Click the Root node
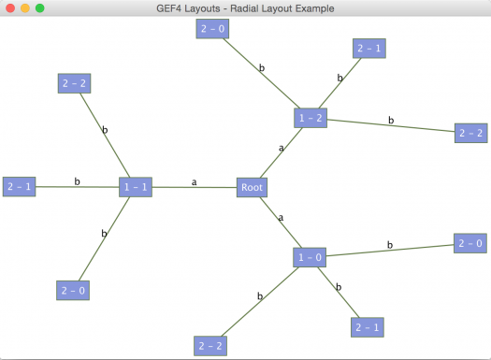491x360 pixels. pos(252,188)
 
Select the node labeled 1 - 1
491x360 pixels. pos(135,188)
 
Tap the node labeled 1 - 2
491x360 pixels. pos(310,118)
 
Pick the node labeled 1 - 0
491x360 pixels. pos(309,257)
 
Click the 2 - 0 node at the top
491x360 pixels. pos(211,29)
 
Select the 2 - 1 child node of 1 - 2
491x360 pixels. pos(368,49)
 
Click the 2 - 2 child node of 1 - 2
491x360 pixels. pos(470,133)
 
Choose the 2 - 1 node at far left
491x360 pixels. pos(20,187)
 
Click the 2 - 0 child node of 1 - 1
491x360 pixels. pos(72,291)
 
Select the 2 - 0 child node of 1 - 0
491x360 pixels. pos(469,243)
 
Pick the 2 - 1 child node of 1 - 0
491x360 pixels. pos(367,326)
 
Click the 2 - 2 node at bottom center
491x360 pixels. pos(210,346)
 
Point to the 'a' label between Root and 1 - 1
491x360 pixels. pos(195,182)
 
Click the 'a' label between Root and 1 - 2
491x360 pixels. pos(281,148)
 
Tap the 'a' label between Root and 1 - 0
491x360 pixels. pos(280,218)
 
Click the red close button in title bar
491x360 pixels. pos(8,7)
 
